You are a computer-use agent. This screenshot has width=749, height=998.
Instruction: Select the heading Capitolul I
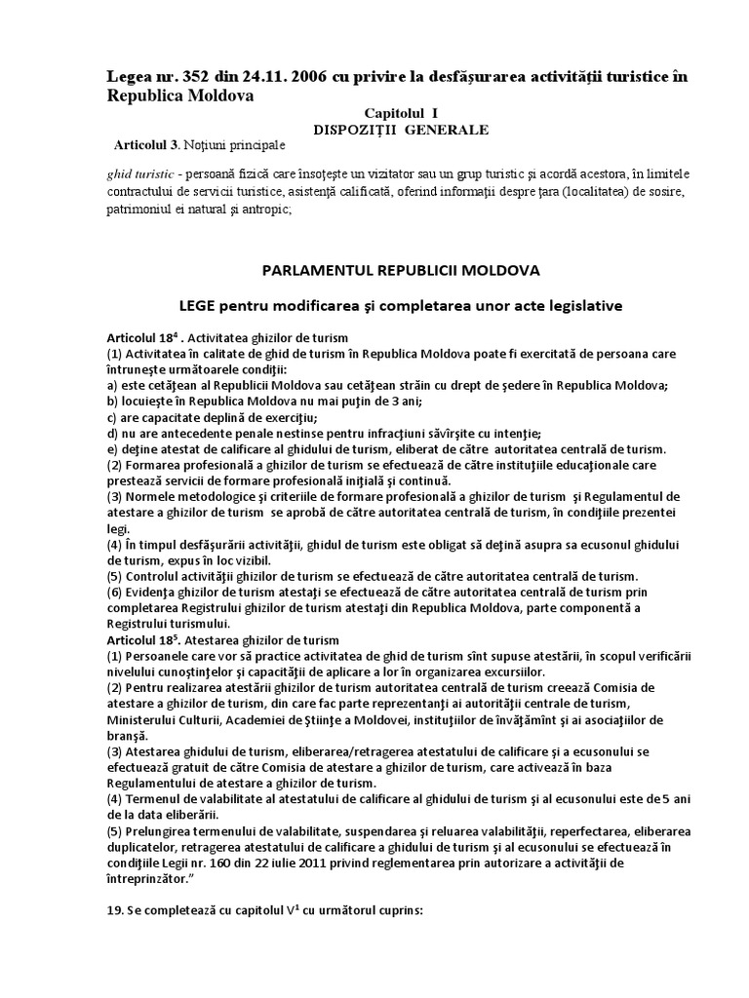[x=387, y=113]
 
